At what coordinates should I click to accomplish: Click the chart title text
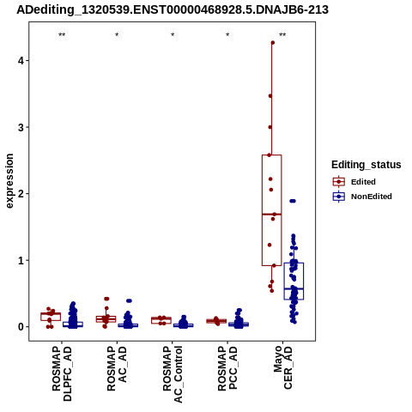[173, 9]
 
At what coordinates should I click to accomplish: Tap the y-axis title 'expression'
[9, 181]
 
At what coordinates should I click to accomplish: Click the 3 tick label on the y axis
[21, 127]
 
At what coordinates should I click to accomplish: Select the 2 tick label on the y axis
[21, 194]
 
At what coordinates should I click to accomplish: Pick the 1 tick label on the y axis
[21, 260]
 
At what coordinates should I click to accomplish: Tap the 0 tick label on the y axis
[21, 327]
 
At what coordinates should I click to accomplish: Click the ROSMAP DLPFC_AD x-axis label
[62, 373]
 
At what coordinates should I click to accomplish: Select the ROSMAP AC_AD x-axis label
[117, 369]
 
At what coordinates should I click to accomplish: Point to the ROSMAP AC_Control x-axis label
[173, 374]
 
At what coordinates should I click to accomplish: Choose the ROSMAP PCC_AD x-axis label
[227, 368]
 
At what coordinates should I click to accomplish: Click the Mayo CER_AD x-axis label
[282, 367]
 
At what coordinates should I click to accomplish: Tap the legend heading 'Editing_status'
[367, 165]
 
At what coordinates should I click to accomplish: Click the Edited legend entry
[354, 182]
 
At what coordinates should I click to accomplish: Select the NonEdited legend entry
[362, 197]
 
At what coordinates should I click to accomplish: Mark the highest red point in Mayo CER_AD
[273, 43]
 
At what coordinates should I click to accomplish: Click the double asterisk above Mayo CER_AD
[282, 35]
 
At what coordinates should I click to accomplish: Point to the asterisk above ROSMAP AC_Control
[173, 35]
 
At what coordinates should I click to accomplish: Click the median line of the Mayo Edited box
[271, 214]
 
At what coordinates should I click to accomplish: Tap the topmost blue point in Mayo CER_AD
[293, 201]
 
